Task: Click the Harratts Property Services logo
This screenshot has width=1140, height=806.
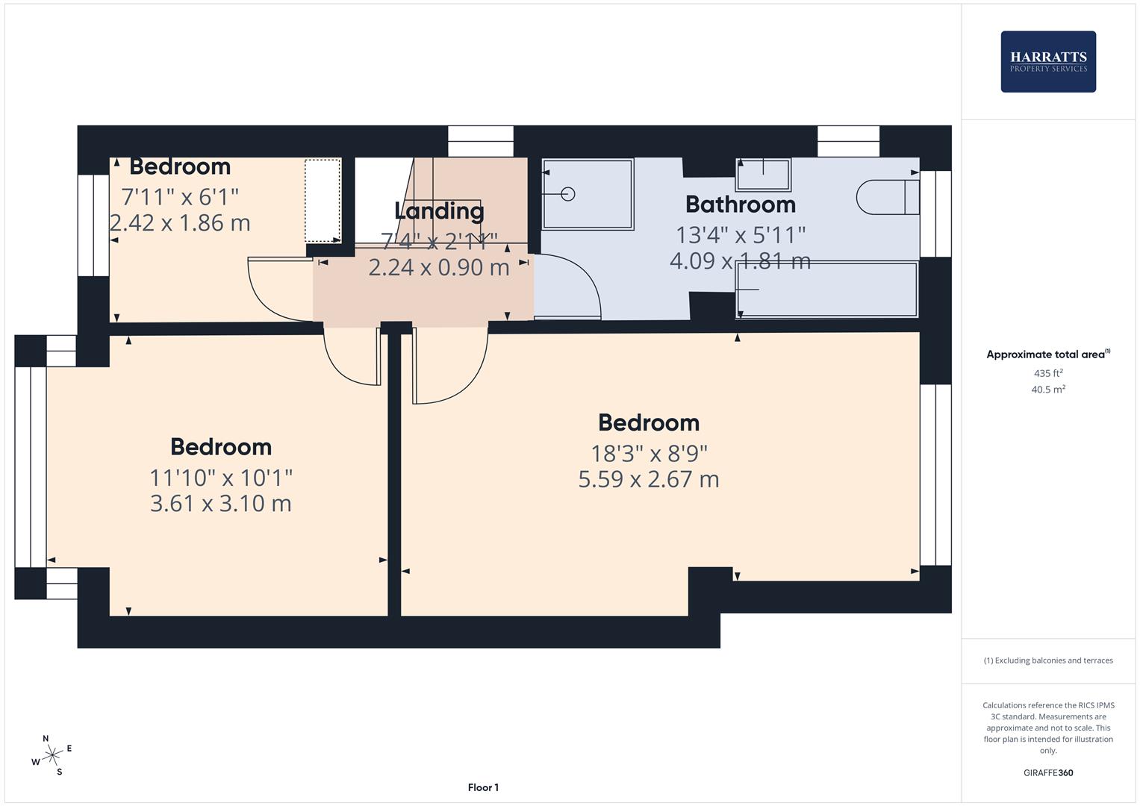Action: point(1047,61)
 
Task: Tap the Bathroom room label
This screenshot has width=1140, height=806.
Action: point(740,204)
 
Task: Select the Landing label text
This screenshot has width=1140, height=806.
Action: point(439,210)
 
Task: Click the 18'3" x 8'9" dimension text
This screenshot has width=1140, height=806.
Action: point(649,453)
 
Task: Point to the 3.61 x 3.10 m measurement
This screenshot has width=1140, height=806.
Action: point(220,503)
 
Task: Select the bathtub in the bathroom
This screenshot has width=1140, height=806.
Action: point(826,289)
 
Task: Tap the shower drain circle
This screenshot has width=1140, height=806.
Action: point(567,194)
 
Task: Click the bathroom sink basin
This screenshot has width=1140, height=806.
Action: point(763,175)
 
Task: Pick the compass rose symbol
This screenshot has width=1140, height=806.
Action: point(52,755)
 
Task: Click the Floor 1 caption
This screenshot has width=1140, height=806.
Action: point(483,787)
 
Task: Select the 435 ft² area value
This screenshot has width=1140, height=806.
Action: point(1047,373)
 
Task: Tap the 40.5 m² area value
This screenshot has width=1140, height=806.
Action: point(1047,390)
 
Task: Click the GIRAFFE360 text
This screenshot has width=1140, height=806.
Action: point(1047,772)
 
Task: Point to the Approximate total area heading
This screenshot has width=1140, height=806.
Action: point(1047,354)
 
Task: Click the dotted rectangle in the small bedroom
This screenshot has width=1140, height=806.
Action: point(323,200)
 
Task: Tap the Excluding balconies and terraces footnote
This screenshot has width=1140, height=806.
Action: point(1047,660)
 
